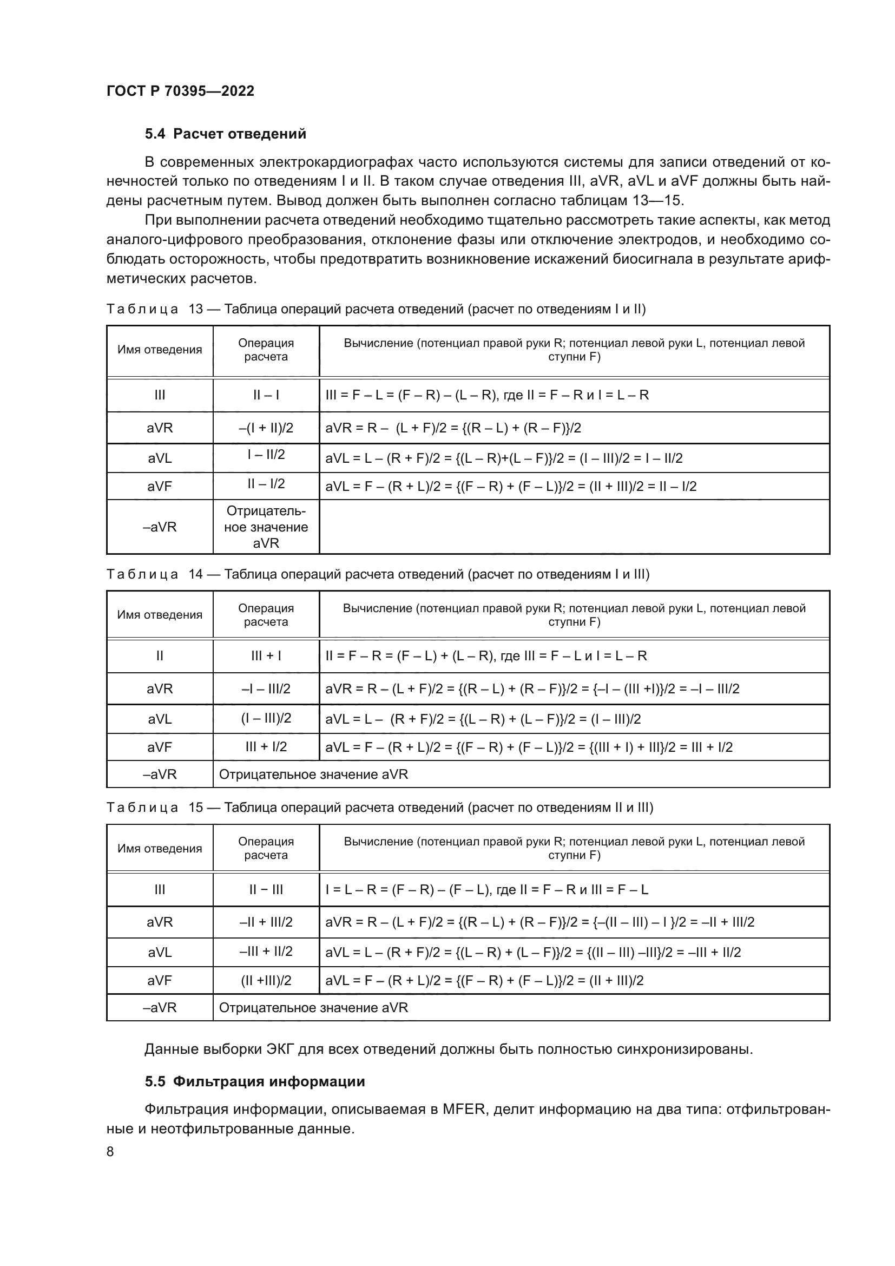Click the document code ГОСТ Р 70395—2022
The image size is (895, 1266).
pos(180,91)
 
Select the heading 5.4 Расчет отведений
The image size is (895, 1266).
pos(226,134)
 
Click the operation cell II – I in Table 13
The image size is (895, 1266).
pos(266,395)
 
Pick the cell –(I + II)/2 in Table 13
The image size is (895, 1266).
pos(266,428)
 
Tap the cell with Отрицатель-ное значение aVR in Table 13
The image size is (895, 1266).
pos(266,527)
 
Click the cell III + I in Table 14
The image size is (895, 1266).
pos(266,655)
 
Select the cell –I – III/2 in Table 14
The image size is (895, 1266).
pos(266,688)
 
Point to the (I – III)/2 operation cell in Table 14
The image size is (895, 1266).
pos(266,718)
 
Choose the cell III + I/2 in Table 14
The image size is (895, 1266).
pos(266,747)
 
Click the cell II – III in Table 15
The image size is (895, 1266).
pos(266,889)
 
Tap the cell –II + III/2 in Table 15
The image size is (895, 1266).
pos(266,922)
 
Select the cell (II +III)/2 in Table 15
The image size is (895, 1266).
pos(266,980)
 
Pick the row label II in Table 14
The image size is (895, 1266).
pos(160,655)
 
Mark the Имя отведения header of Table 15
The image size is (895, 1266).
pos(160,849)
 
